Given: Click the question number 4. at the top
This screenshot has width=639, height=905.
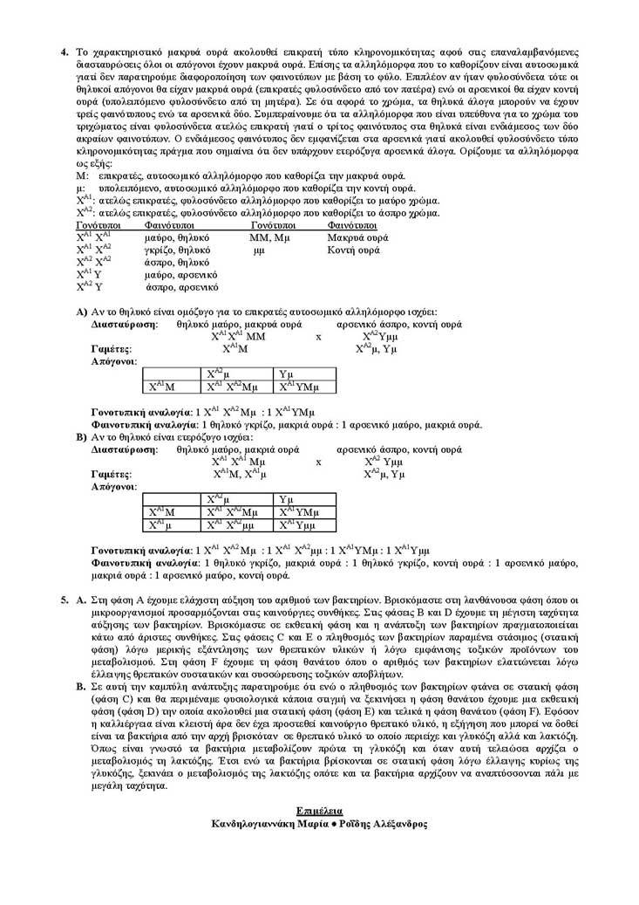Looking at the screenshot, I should tap(64, 52).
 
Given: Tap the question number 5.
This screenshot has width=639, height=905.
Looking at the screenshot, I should tap(64, 601).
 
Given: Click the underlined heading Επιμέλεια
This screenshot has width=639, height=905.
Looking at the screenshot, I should tap(318, 811).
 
